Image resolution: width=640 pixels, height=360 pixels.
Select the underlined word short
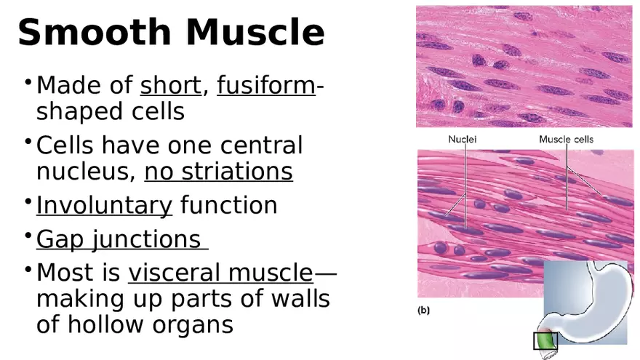click(x=170, y=86)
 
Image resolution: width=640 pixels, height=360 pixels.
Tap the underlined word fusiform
click(x=265, y=86)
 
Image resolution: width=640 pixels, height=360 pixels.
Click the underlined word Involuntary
click(x=104, y=206)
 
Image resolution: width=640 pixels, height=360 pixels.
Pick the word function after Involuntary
click(x=229, y=206)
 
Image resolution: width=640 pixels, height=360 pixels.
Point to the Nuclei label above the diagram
click(x=463, y=140)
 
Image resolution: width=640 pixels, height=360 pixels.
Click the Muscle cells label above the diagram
click(x=566, y=140)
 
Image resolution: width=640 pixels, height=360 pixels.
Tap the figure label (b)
click(x=423, y=311)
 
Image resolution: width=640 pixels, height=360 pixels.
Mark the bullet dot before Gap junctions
click(x=27, y=233)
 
